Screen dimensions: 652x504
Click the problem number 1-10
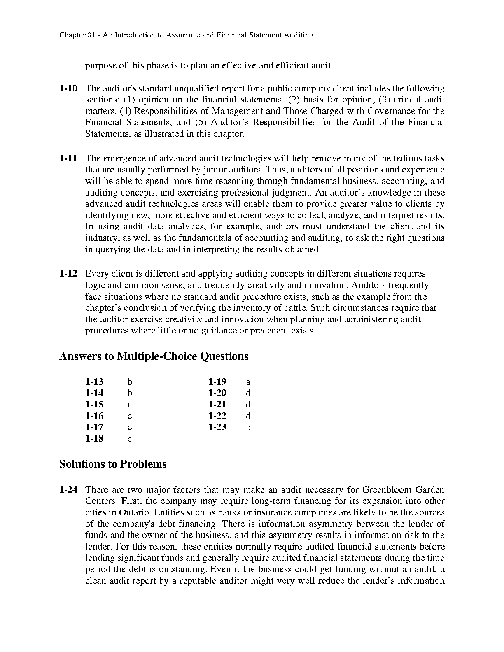68,88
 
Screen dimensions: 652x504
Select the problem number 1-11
68,158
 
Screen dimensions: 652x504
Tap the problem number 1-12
68,274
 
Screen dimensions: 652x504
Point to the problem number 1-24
68,490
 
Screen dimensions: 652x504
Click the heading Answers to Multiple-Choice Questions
154,356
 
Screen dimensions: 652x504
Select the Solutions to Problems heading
113,464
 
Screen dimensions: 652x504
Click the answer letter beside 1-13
130,382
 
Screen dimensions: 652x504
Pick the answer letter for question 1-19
248,382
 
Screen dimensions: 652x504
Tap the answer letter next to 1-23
248,427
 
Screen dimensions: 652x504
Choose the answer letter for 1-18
130,439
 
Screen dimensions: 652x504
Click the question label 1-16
94,416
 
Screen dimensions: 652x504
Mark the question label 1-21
217,405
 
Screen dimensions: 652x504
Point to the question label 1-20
217,393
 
